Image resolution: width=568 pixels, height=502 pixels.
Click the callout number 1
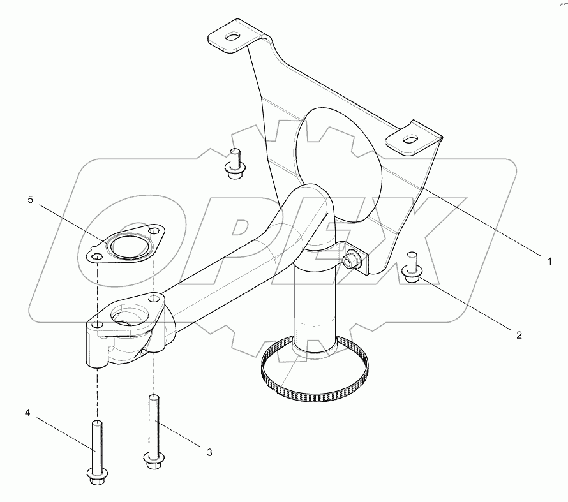(548, 260)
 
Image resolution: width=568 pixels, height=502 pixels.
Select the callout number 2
(519, 334)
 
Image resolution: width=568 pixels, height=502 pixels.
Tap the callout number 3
(209, 452)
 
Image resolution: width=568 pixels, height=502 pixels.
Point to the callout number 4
(27, 413)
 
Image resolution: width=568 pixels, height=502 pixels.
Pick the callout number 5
(30, 200)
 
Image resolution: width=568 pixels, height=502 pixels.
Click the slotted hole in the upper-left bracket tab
(233, 36)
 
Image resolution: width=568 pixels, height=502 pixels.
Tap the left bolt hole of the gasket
(96, 256)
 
